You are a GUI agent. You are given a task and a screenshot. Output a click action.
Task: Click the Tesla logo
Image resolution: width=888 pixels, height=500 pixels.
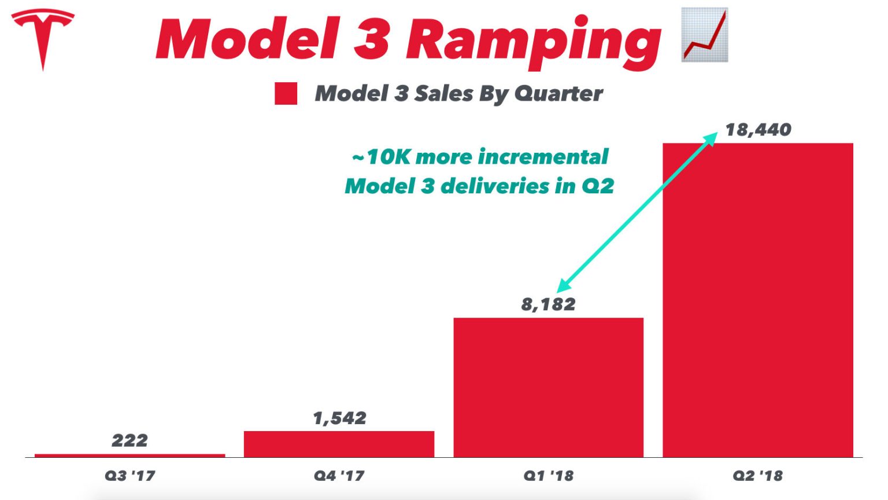click(43, 35)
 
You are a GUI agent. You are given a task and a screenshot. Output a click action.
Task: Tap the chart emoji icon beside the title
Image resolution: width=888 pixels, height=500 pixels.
click(705, 35)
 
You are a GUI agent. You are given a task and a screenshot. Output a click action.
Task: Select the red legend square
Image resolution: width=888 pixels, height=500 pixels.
click(286, 94)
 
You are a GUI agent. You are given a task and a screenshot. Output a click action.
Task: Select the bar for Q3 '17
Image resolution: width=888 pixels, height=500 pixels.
click(129, 455)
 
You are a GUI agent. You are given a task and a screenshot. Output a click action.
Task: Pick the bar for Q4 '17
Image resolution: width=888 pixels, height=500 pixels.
click(339, 444)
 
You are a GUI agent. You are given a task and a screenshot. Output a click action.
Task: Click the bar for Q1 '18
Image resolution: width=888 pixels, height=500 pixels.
click(548, 387)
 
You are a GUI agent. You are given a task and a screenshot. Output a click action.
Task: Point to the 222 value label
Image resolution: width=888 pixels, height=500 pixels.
click(129, 440)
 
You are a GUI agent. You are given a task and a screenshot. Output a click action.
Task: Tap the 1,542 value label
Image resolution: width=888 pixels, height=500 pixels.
click(339, 418)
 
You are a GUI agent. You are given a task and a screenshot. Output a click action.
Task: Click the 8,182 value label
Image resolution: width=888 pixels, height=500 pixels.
click(548, 304)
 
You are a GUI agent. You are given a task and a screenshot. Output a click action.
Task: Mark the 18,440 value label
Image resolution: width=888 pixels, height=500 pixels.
click(758, 130)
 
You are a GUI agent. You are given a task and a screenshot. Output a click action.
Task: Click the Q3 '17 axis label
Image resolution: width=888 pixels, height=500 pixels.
click(129, 476)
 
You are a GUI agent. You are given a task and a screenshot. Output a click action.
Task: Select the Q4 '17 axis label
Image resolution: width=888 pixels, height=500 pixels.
click(339, 476)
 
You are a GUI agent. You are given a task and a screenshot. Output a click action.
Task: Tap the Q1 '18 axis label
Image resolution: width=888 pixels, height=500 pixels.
click(548, 476)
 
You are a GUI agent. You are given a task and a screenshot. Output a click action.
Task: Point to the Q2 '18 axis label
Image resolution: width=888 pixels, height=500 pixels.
click(757, 476)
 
